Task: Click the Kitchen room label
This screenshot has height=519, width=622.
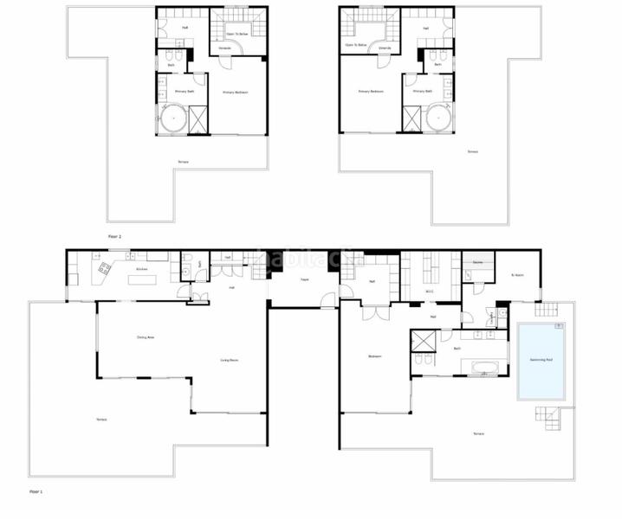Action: click(x=141, y=269)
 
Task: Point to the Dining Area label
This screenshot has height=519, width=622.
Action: click(x=146, y=336)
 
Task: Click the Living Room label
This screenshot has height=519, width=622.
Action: click(x=230, y=360)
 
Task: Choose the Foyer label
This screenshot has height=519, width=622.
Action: click(x=304, y=279)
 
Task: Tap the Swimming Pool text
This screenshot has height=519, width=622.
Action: click(x=541, y=360)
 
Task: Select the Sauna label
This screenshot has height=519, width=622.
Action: click(x=476, y=260)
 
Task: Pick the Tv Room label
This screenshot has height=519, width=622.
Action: click(x=518, y=275)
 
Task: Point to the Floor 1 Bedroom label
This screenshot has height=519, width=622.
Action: click(x=374, y=356)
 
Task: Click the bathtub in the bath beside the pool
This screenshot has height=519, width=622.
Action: click(x=489, y=369)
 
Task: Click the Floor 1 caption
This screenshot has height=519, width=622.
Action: click(x=36, y=490)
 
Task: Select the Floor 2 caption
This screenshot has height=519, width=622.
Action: click(x=113, y=235)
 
